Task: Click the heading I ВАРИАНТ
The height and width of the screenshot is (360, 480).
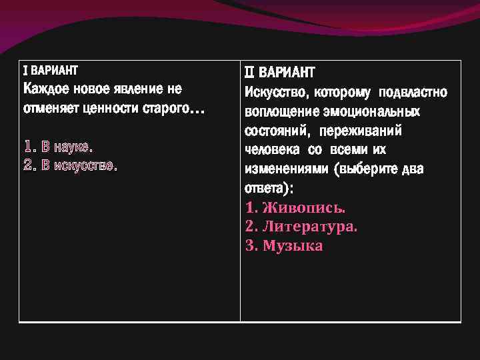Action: [x=50, y=70]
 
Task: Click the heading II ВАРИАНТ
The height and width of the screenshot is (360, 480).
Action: [x=280, y=72]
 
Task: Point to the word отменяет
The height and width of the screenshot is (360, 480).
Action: [x=51, y=109]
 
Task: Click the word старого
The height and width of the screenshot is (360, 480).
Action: [x=166, y=109]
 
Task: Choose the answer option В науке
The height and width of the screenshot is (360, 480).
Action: [x=63, y=145]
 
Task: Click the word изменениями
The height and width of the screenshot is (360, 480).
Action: [x=287, y=169]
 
